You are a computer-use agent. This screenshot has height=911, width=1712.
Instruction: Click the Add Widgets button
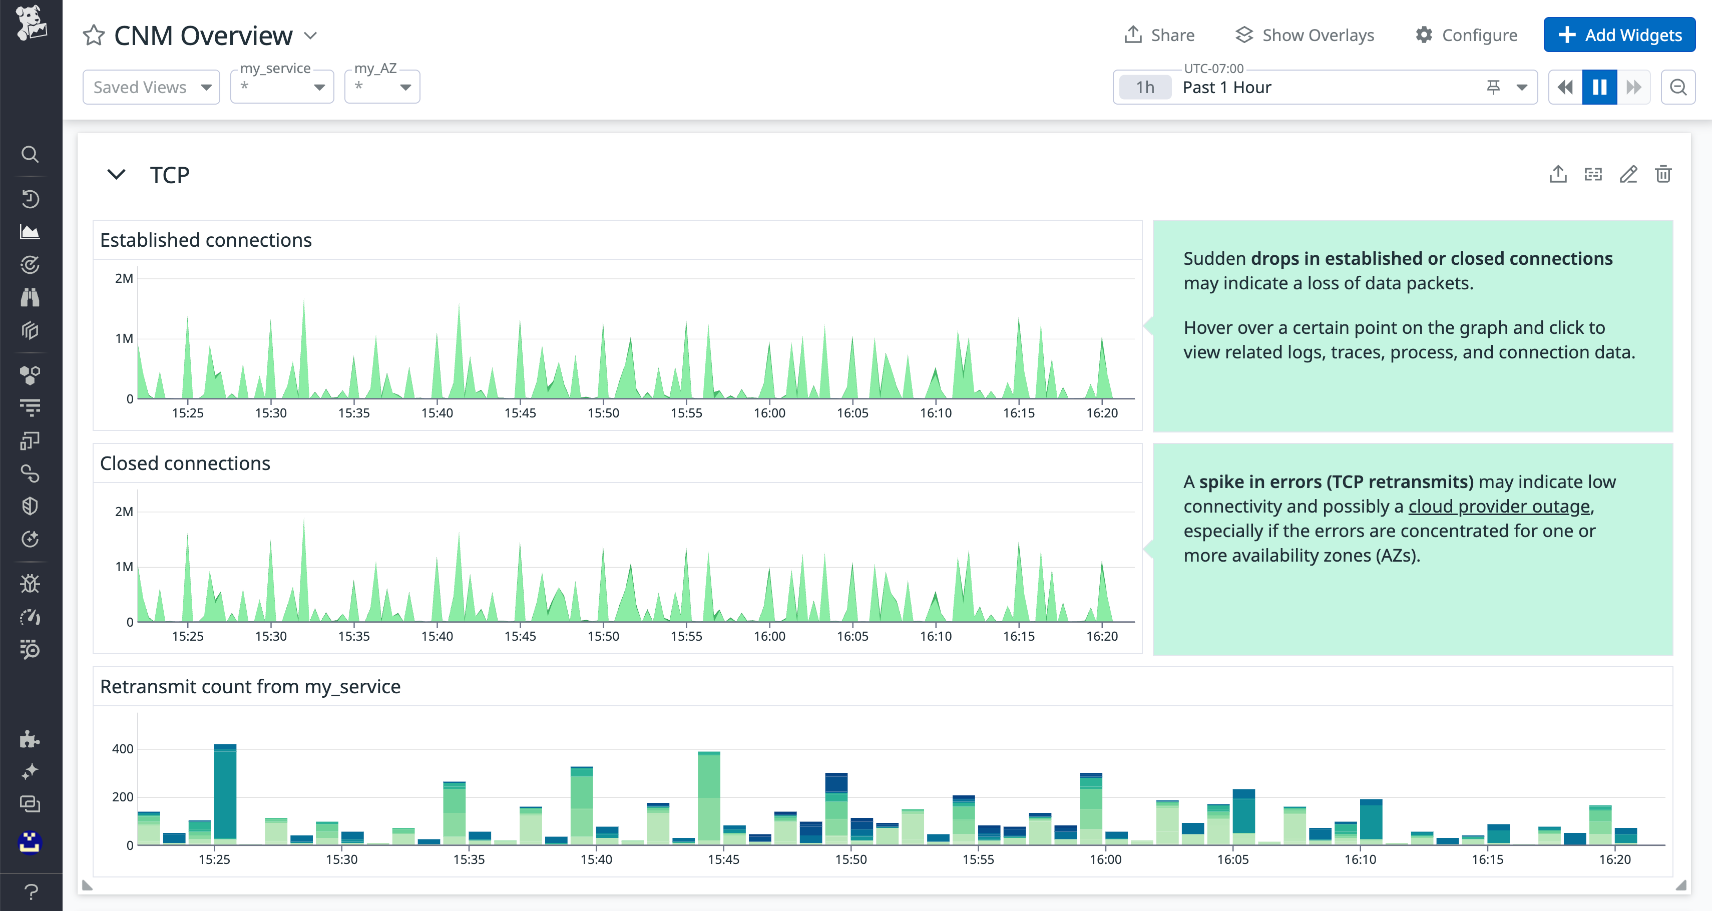(x=1619, y=35)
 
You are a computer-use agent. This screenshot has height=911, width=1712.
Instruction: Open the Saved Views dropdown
(x=151, y=87)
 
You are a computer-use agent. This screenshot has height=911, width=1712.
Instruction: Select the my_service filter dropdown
(x=282, y=87)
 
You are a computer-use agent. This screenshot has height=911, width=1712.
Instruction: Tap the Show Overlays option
(x=1305, y=35)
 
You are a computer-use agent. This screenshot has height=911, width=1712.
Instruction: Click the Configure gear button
(x=1466, y=35)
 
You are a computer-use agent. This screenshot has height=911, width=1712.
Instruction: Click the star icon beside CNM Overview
(x=94, y=35)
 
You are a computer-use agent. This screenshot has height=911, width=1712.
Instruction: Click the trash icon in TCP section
(x=1663, y=174)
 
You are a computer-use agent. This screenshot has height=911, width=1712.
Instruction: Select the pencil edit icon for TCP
(x=1628, y=174)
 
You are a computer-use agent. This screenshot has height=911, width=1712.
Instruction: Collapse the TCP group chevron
(x=116, y=175)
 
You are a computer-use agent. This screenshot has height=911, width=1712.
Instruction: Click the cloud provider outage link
(x=1499, y=507)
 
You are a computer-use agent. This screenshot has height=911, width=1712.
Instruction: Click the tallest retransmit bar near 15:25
(x=225, y=794)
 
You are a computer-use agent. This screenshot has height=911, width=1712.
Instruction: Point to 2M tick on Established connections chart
(x=124, y=278)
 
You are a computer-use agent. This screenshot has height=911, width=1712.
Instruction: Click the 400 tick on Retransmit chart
(x=122, y=749)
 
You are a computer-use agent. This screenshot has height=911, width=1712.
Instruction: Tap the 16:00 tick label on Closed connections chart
(x=769, y=636)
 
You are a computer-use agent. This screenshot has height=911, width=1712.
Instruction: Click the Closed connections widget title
(x=185, y=463)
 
